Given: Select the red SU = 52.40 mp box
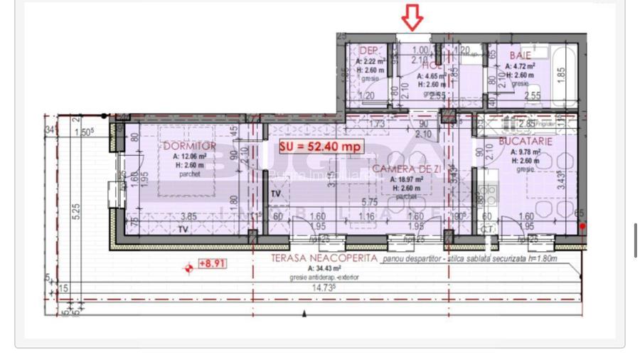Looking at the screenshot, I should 321,147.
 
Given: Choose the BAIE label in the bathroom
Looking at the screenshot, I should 520,55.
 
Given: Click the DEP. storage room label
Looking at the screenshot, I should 369,51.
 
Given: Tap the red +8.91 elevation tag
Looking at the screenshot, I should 212,263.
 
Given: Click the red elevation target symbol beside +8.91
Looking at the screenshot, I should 189,268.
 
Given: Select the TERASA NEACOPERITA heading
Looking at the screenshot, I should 324,260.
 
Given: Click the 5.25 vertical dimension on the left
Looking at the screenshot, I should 76,213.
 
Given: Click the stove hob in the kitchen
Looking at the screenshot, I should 489,192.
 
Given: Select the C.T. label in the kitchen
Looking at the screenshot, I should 488,228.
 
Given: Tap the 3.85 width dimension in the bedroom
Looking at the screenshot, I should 188,216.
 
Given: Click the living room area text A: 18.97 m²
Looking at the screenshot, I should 407,180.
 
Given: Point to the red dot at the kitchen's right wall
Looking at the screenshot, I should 582,226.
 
